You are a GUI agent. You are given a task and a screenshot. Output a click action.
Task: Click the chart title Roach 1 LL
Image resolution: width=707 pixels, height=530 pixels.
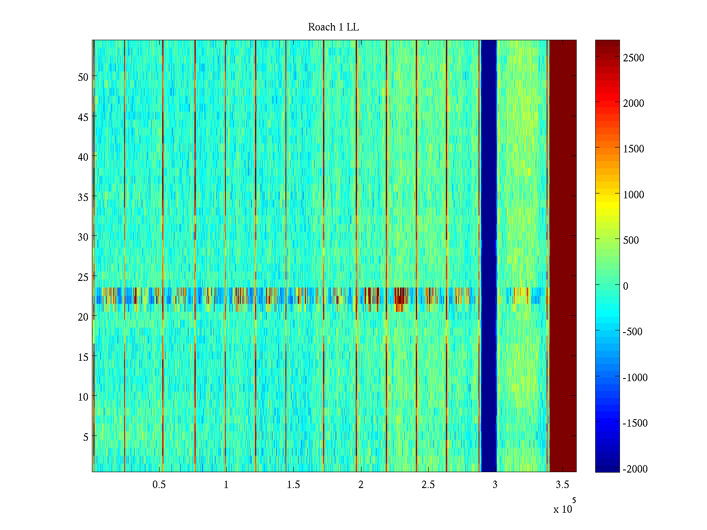coord(334,27)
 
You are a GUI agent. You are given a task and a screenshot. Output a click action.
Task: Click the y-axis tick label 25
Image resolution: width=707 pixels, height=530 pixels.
coord(83,277)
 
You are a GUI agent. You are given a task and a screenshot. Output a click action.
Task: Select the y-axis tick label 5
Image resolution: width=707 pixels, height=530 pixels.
coord(86,437)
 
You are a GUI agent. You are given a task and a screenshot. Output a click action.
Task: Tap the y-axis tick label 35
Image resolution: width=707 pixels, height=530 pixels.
coord(83,197)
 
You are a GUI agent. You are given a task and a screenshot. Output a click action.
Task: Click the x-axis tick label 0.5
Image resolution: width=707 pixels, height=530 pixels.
coord(159,485)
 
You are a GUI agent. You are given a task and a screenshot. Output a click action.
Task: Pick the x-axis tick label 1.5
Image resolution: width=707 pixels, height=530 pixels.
coord(293,485)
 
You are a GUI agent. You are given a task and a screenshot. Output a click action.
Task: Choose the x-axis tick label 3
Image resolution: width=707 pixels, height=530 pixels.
coord(495,485)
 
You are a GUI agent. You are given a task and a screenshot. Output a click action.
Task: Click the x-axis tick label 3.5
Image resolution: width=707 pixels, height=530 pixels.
coord(562,485)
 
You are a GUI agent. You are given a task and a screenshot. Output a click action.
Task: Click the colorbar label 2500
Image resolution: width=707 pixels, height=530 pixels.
coord(634,58)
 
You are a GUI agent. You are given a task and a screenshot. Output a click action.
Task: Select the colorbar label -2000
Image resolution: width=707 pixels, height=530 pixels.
coord(635,469)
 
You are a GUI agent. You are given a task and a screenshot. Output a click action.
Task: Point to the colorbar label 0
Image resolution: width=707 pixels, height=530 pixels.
coord(626,286)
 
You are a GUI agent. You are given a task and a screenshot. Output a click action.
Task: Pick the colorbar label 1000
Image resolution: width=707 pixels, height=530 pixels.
coord(634,195)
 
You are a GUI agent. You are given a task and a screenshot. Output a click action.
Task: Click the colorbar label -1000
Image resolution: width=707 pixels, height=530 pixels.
coord(635,378)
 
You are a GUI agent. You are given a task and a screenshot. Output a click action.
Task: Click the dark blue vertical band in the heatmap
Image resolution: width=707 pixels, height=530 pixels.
coord(488,256)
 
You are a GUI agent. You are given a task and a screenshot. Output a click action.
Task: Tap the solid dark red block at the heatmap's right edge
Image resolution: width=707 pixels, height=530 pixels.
coord(563,256)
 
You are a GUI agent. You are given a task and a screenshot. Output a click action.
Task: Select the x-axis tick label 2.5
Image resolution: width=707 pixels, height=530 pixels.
coord(428,485)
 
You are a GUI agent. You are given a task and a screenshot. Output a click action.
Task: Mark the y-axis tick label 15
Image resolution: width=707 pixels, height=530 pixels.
coord(83,357)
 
